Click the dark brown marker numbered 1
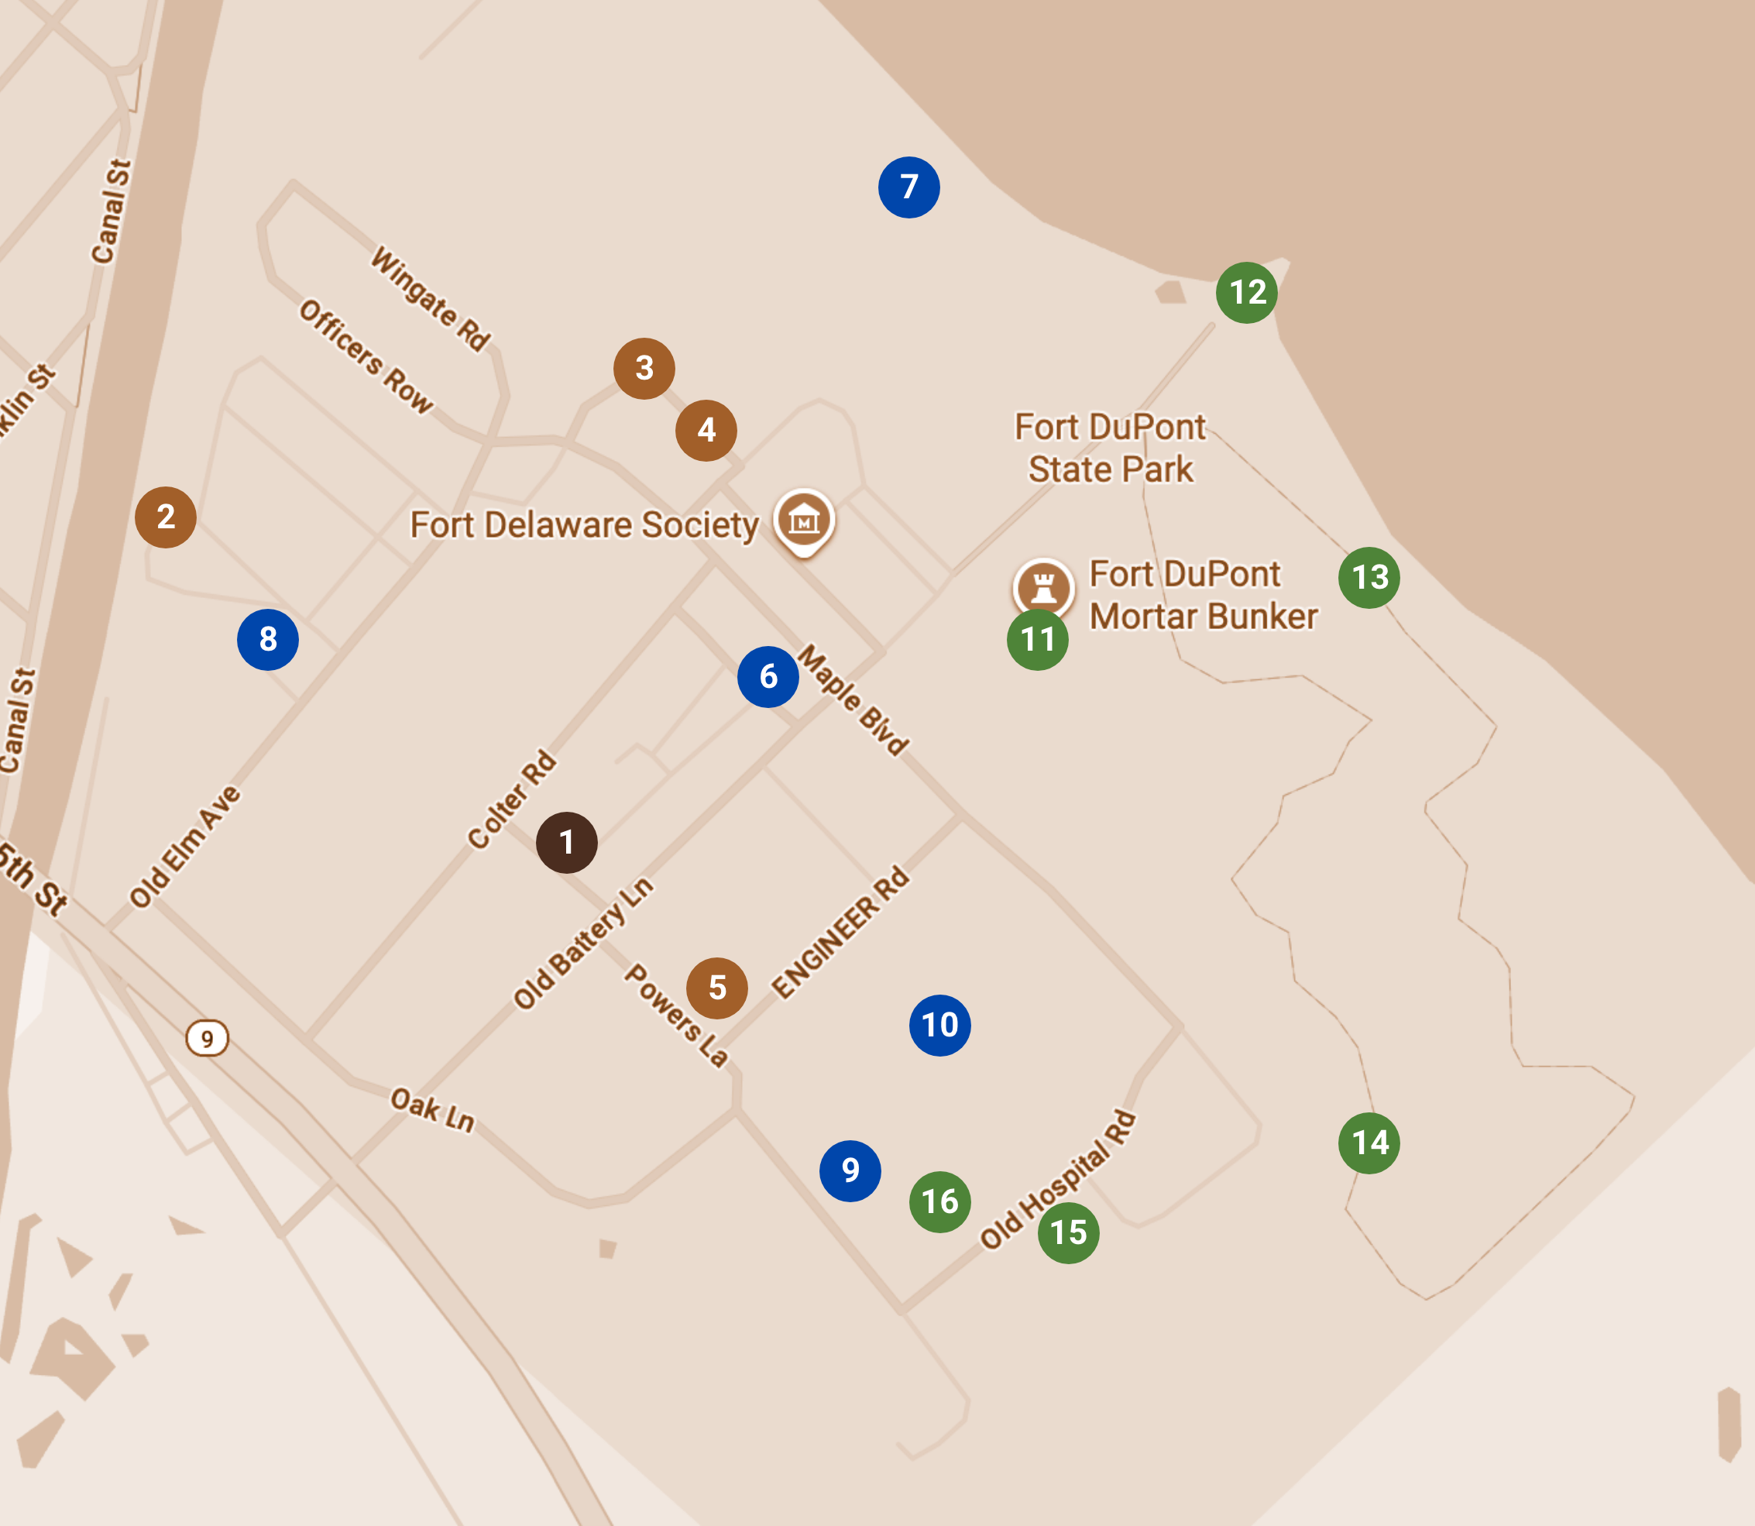point(566,842)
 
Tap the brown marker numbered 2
point(165,517)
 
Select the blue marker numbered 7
point(908,187)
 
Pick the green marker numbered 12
point(1247,292)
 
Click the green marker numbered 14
point(1369,1143)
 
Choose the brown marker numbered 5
point(717,988)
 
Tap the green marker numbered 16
point(940,1201)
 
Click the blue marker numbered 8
point(267,640)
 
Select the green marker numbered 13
point(1369,577)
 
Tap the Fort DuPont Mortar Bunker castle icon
point(1043,586)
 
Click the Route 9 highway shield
point(207,1038)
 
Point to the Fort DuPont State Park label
point(1110,448)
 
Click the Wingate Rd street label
point(431,299)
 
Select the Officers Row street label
point(366,356)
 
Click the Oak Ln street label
point(431,1109)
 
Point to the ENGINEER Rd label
point(840,932)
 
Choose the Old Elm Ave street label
point(185,847)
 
